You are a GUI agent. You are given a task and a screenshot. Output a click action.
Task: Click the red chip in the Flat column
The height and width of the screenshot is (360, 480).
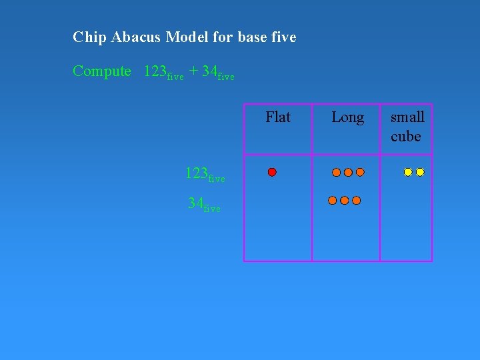272,172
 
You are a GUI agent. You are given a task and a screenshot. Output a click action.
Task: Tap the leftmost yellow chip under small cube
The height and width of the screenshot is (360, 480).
408,172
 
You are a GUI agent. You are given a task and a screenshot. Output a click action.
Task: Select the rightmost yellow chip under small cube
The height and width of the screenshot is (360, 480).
420,172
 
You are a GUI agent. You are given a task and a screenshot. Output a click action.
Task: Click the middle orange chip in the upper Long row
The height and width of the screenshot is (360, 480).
348,172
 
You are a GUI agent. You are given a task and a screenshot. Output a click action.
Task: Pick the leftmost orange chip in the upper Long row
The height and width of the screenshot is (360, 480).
336,172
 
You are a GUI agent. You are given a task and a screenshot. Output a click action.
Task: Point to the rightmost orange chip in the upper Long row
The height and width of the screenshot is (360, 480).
360,172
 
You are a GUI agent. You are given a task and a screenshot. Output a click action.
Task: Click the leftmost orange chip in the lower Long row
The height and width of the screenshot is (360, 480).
332,200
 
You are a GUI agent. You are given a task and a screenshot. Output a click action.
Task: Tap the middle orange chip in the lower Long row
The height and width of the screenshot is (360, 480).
344,200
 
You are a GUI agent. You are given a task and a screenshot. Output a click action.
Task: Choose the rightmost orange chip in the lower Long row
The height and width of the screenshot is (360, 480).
356,200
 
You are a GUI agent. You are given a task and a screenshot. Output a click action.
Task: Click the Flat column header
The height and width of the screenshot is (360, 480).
278,117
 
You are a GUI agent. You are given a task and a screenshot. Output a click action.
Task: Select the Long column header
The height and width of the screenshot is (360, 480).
347,118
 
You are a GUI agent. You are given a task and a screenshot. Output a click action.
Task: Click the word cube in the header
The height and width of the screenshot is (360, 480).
406,137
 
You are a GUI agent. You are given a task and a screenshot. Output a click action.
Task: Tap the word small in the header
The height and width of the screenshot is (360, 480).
407,117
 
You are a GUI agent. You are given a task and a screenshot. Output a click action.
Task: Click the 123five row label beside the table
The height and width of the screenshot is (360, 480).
205,175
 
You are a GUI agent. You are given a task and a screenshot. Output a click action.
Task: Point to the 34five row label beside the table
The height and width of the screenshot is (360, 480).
204,204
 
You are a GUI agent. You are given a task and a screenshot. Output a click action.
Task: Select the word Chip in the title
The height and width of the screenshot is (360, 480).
87,37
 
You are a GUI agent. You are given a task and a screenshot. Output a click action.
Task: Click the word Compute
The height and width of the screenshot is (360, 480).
102,71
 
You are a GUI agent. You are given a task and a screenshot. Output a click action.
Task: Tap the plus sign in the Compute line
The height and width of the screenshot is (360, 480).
193,71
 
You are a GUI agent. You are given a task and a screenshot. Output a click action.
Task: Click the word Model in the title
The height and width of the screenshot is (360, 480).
187,37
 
